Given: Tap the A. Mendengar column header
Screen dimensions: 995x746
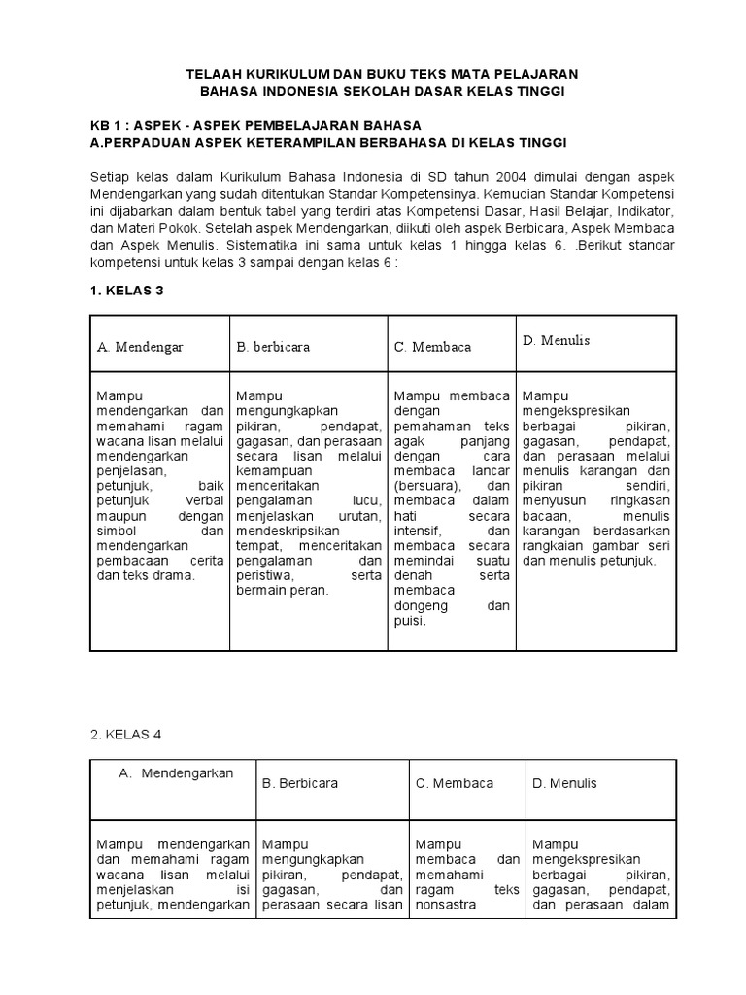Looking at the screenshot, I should [140, 346].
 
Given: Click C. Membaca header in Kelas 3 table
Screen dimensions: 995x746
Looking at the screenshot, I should [431, 346].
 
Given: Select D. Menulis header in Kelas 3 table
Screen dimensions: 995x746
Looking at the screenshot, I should [556, 340].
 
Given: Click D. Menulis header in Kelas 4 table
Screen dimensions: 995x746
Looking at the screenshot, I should [564, 783].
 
